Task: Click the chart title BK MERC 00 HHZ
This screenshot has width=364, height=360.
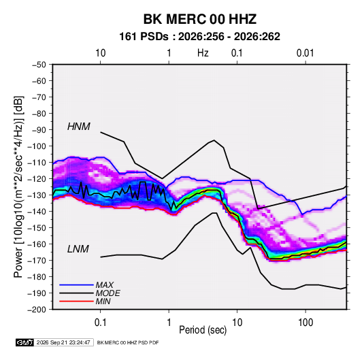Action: (199, 19)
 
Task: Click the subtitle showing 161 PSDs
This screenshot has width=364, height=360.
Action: (199, 37)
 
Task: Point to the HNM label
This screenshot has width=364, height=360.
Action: (79, 127)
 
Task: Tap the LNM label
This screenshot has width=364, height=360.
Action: (78, 249)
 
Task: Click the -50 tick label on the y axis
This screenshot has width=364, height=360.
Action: (39, 65)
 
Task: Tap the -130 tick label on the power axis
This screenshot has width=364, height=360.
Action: (37, 195)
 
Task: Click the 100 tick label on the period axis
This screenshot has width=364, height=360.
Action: (305, 323)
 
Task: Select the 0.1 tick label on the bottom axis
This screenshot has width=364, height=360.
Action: (100, 323)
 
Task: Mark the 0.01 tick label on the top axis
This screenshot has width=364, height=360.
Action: (305, 53)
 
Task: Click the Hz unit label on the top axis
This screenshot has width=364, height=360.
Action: (203, 53)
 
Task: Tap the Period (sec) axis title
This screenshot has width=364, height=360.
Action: (203, 330)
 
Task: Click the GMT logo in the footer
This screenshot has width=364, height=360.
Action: (25, 342)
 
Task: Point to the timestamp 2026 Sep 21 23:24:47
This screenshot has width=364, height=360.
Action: (63, 342)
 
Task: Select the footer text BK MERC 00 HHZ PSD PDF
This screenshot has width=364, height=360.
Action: (128, 342)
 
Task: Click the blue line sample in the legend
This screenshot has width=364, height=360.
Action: (76, 285)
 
